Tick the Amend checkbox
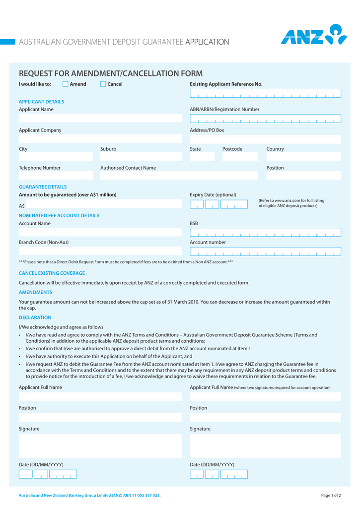click(65, 84)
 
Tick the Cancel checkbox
click(103, 84)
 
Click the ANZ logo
click(313, 35)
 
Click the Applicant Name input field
click(100, 118)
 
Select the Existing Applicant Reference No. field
click(265, 93)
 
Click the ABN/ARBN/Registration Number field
click(265, 119)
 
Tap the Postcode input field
click(240, 157)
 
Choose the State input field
click(202, 157)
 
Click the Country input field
click(303, 157)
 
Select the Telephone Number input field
click(56, 176)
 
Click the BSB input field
click(265, 232)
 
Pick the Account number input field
click(265, 251)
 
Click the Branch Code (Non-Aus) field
click(100, 251)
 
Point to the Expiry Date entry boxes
click(218, 204)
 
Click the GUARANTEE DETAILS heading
click(43, 187)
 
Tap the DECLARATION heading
click(35, 317)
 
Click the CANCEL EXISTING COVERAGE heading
click(52, 273)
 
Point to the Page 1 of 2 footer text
click(331, 495)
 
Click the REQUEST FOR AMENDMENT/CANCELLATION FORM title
click(111, 73)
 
